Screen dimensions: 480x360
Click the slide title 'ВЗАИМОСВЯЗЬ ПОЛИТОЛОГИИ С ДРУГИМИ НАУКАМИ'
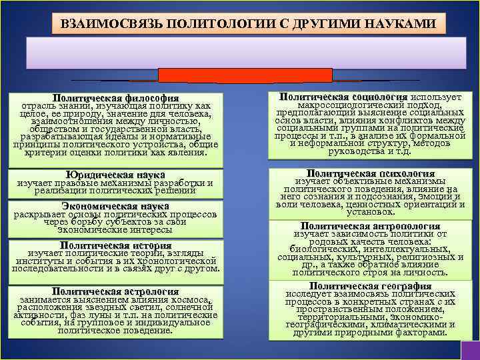[x=248, y=24]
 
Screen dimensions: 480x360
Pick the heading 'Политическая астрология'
[x=115, y=291]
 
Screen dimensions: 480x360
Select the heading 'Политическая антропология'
[x=371, y=226]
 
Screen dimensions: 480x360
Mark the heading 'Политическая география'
[x=371, y=285]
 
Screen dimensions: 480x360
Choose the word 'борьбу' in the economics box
[x=101, y=222]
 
